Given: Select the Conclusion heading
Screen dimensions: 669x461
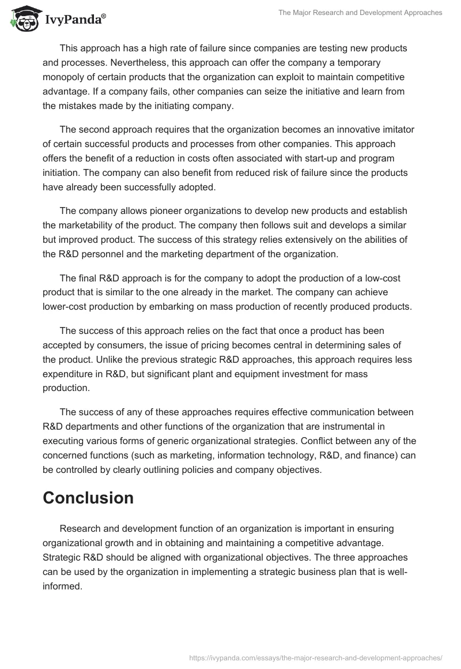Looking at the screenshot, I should coord(88,498).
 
